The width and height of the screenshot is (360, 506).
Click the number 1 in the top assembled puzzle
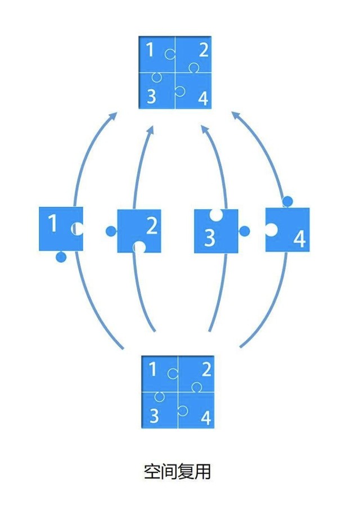point(150,51)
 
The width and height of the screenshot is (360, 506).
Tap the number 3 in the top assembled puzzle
point(151,97)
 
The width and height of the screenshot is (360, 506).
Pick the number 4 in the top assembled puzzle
point(203,100)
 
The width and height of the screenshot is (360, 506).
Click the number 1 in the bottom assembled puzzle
point(152,369)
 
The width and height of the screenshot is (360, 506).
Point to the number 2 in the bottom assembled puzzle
point(205,369)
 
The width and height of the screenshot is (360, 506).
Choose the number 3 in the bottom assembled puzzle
point(154,416)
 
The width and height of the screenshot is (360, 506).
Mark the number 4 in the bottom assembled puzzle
point(205,418)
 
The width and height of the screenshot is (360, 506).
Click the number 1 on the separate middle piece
point(52,224)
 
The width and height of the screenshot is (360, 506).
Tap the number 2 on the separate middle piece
point(151,226)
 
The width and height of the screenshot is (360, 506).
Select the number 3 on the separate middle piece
point(209,238)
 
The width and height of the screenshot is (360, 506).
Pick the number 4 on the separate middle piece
point(299,239)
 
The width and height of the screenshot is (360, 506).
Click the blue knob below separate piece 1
point(61,257)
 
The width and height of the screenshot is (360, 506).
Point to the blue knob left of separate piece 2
point(111,231)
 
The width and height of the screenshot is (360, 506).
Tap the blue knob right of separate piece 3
point(244,231)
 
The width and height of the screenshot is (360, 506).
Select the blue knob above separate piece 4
point(287,201)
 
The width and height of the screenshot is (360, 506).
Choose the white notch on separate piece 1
point(78,229)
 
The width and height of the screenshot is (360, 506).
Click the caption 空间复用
point(177,472)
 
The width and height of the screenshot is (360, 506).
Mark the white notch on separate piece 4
point(271,229)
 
